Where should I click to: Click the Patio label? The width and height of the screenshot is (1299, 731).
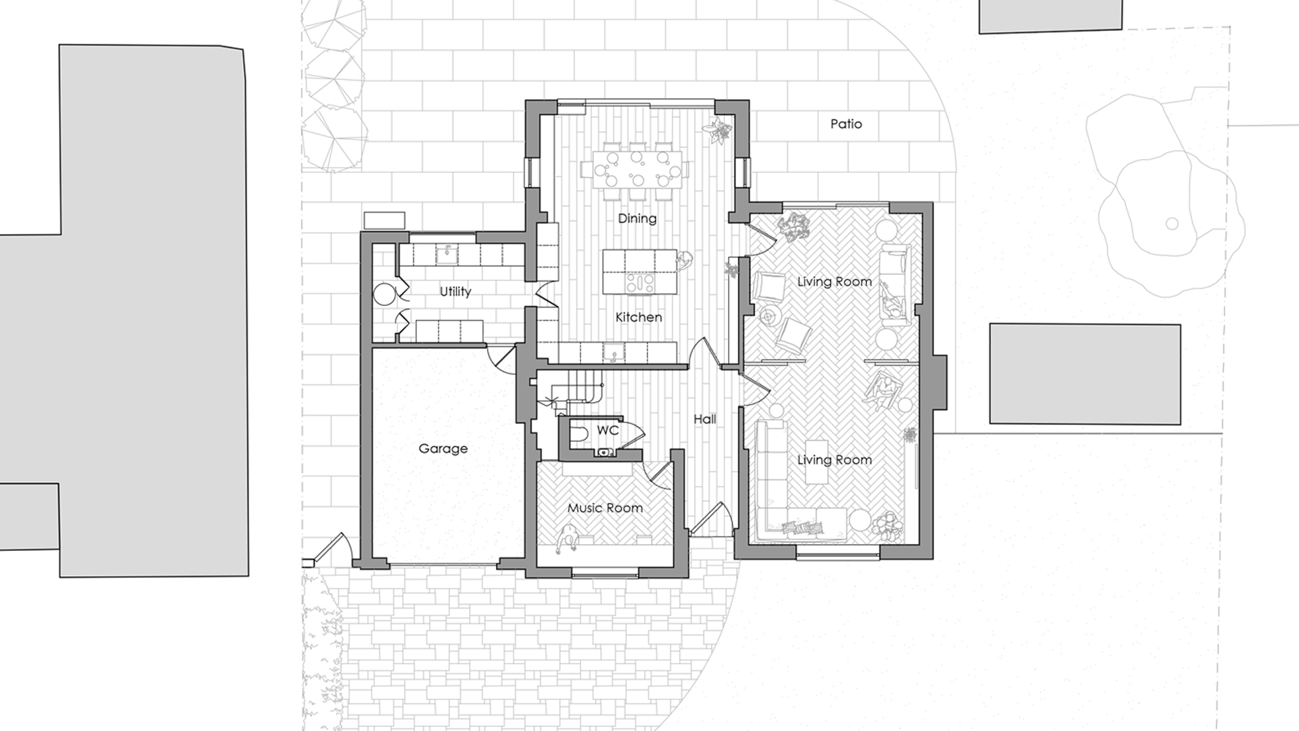[846, 124]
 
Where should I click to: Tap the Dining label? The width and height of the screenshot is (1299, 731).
[637, 219]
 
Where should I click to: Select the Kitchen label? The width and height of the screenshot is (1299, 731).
[639, 317]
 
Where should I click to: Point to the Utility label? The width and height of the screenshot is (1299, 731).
[455, 292]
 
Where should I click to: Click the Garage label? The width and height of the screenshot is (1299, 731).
[443, 448]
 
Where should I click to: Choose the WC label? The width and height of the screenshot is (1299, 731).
[608, 430]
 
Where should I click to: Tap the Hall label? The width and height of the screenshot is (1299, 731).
[705, 420]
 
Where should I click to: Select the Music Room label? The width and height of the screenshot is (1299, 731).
[605, 508]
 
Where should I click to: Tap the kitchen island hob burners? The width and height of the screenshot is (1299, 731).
[639, 282]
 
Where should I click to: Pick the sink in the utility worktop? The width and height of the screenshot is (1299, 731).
[446, 254]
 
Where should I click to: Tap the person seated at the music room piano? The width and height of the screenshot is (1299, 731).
[567, 539]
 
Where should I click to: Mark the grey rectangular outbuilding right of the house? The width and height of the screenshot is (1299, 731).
[1085, 374]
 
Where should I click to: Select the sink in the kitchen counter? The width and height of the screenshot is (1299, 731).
[614, 351]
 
